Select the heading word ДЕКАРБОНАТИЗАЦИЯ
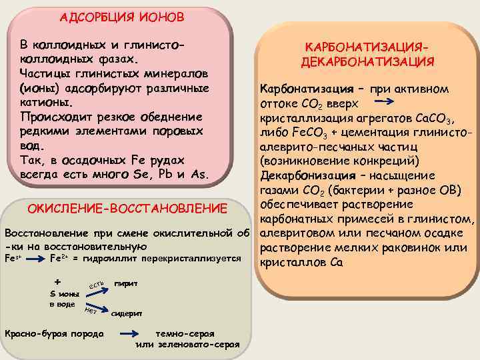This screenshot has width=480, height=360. pos(367,62)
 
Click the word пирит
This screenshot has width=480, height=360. pos(126,283)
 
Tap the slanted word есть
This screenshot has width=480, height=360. pos(97,286)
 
